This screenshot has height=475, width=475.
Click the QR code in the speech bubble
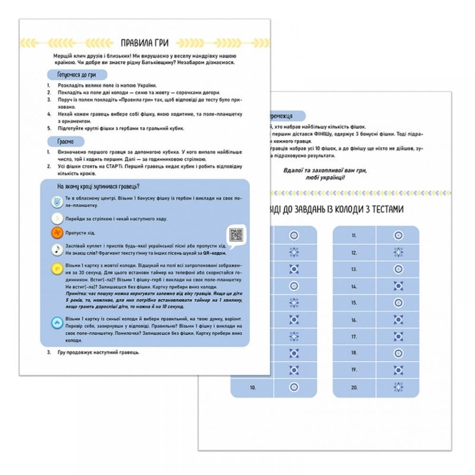click(x=236, y=235)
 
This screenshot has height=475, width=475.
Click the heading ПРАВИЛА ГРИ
click(x=145, y=42)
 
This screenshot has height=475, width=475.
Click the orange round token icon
click(x=57, y=232)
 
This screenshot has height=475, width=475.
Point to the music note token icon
click(x=57, y=249)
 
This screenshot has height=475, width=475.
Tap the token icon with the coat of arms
click(x=57, y=202)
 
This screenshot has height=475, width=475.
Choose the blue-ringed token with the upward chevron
click(x=57, y=323)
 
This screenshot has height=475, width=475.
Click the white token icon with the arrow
click(x=57, y=218)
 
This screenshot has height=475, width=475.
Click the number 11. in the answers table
click(x=354, y=235)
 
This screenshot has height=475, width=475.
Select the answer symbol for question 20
click(x=398, y=388)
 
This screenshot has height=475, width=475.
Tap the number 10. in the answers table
click(x=253, y=388)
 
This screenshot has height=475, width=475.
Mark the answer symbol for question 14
click(x=398, y=287)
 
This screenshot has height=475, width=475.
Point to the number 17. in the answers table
click(x=354, y=337)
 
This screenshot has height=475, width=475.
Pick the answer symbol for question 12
click(x=398, y=253)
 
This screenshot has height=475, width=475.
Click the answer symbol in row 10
click(x=294, y=388)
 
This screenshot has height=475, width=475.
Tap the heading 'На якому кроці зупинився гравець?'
click(x=101, y=186)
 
